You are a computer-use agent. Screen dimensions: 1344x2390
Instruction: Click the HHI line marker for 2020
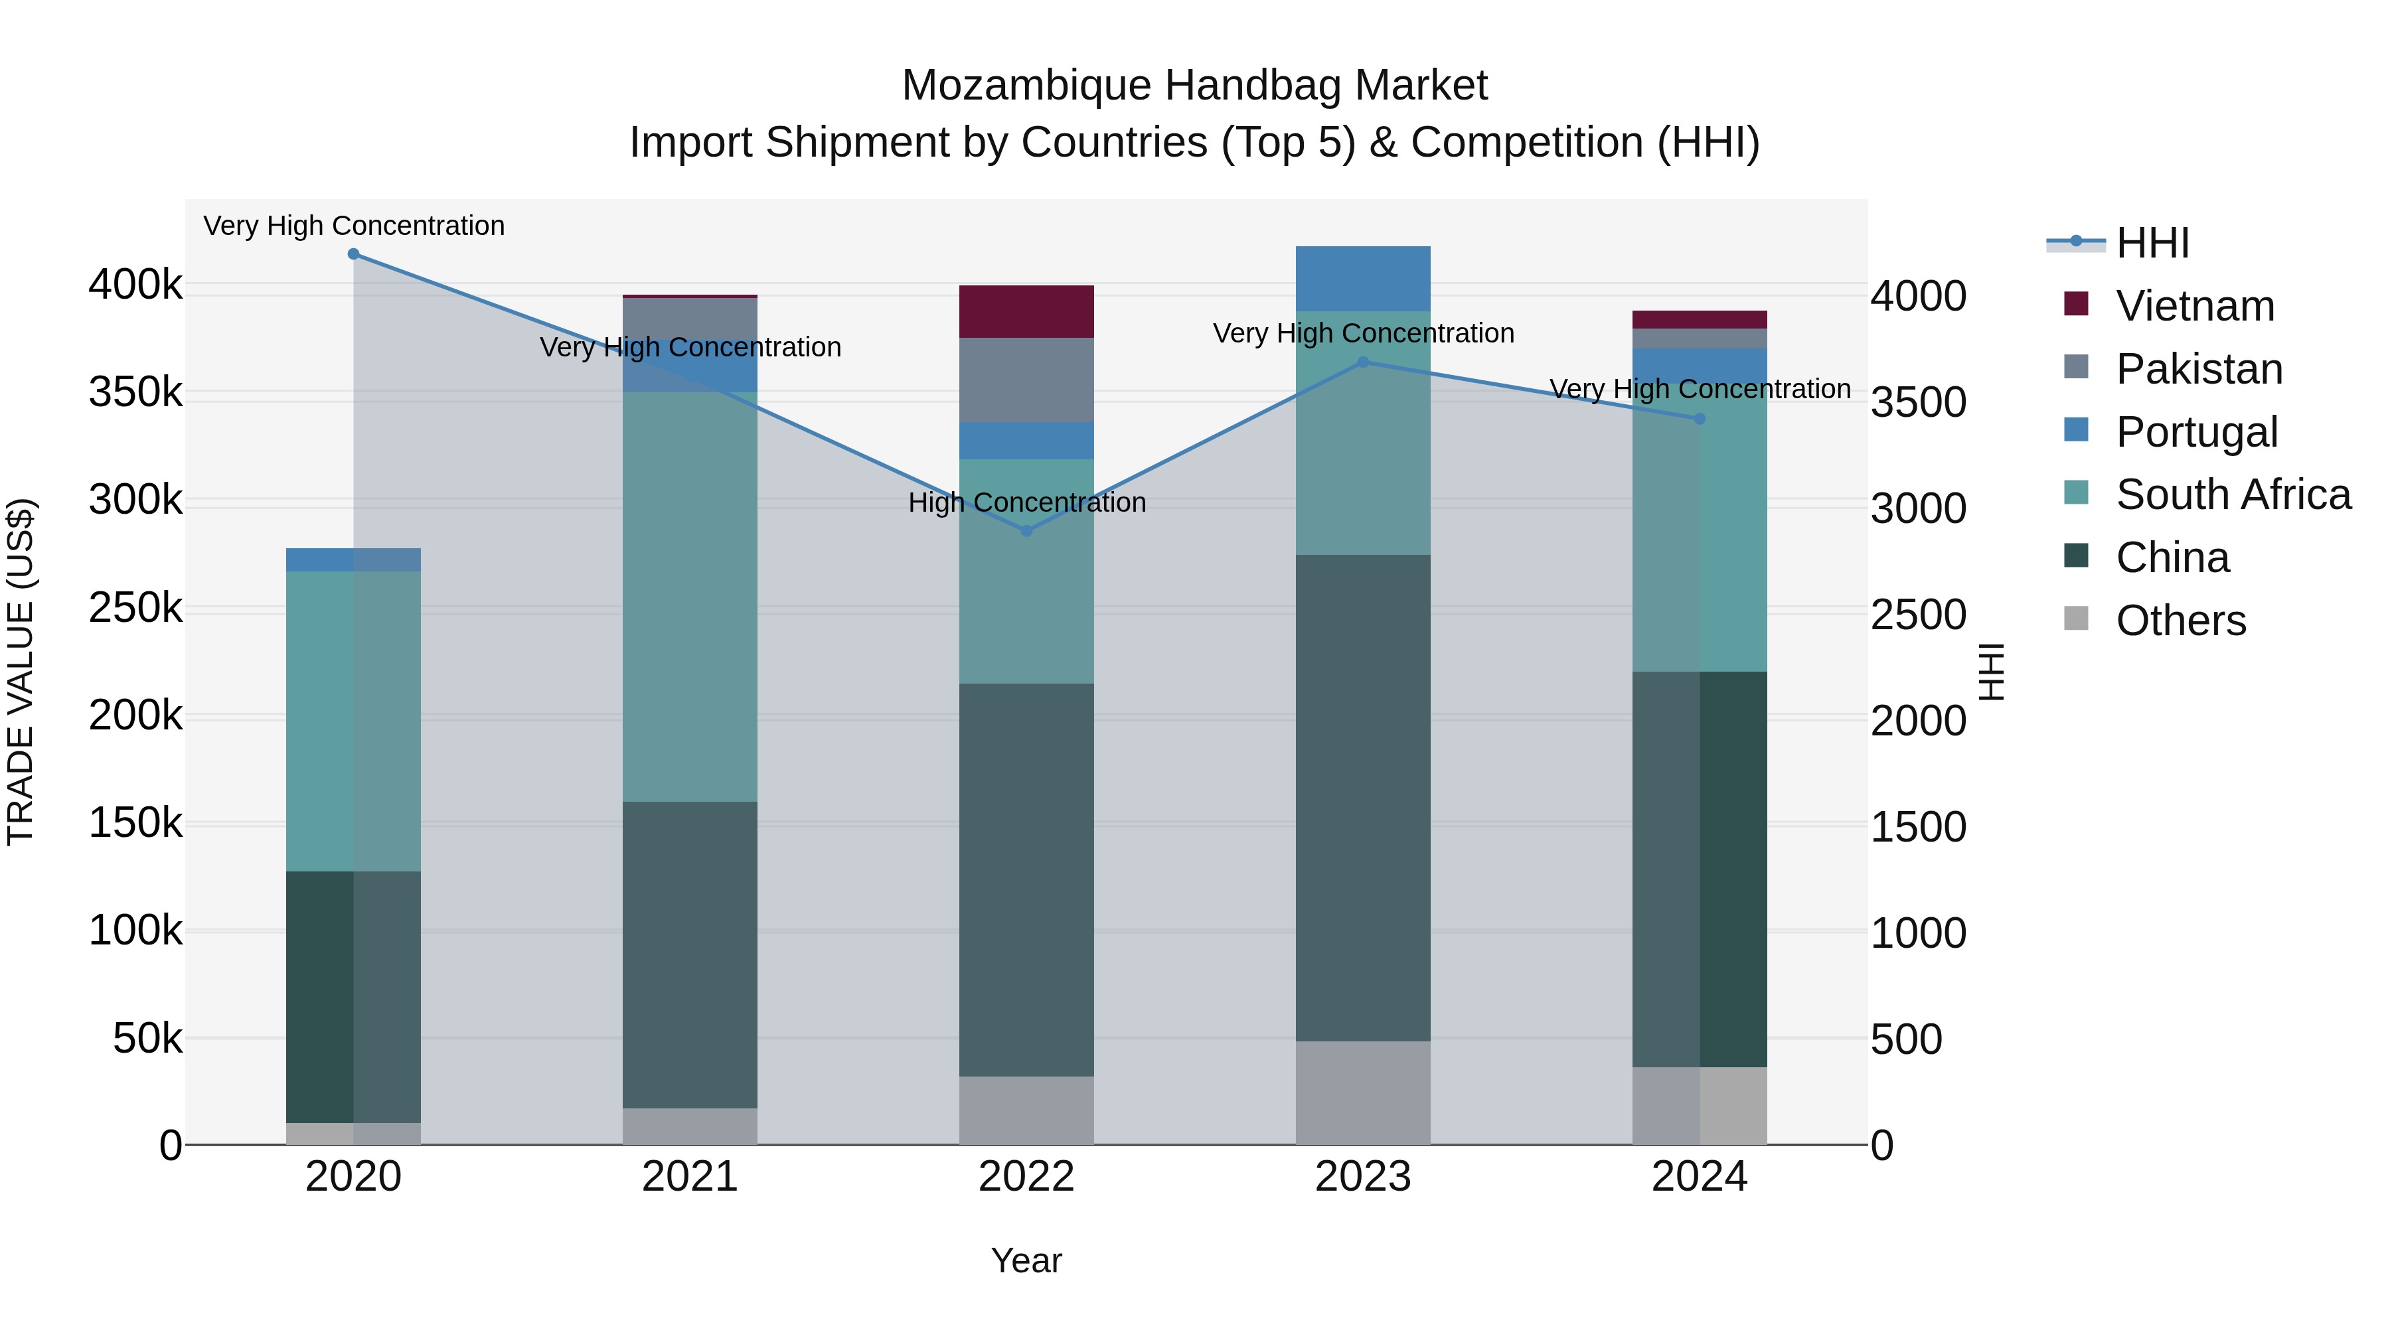[353, 254]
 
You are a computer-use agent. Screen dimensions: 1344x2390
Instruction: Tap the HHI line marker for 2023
[1363, 362]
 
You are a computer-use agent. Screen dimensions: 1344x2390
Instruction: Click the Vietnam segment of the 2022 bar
[1026, 312]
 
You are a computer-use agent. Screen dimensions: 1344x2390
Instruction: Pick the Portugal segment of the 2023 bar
[1363, 278]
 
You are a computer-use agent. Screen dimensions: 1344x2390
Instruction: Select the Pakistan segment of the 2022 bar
[1026, 380]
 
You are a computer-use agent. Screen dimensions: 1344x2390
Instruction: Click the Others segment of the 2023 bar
[1363, 1092]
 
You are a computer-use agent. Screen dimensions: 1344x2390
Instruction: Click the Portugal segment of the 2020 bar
[353, 560]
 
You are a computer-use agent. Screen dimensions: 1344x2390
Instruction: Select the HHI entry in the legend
[2152, 243]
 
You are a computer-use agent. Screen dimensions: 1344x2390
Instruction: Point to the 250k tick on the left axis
[135, 609]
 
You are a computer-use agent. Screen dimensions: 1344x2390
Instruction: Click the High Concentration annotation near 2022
[1026, 502]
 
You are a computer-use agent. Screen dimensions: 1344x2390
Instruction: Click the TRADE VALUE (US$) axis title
[21, 672]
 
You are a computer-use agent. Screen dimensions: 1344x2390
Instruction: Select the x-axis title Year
[1026, 1260]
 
